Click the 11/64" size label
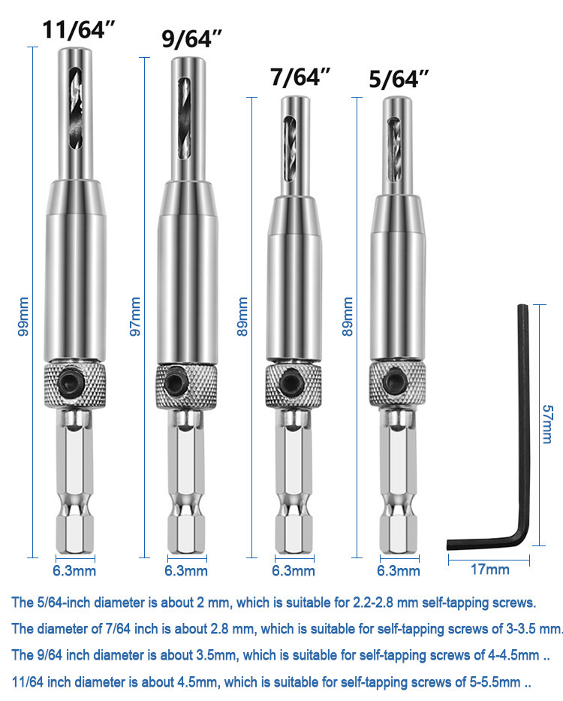click(x=79, y=29)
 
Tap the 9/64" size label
click(x=191, y=38)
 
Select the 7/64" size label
click(x=300, y=77)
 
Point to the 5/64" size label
click(x=399, y=79)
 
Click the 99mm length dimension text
click(x=23, y=316)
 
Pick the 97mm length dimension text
click(x=135, y=316)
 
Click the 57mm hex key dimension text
click(x=547, y=425)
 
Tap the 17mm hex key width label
click(x=489, y=569)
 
